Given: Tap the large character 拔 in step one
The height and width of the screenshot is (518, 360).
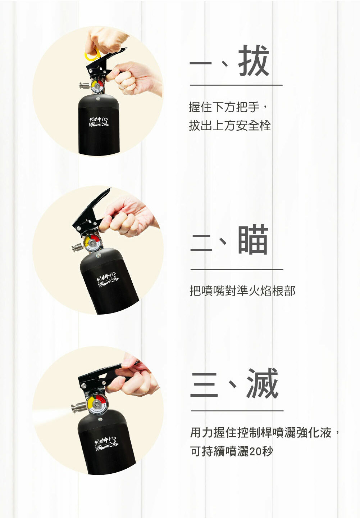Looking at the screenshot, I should pos(254,61).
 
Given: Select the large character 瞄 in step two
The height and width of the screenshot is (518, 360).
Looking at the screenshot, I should pos(253,240).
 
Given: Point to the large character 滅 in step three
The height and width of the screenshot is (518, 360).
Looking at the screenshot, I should pos(262,383).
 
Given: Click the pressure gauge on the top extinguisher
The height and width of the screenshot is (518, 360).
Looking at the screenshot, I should pos(97,86).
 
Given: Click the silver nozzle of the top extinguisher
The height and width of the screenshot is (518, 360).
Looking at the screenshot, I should pos(84,86).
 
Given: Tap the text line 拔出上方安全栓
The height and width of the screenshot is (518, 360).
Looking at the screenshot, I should pos(229,125).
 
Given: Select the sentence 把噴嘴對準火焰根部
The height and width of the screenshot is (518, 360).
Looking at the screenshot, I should pos(242,290).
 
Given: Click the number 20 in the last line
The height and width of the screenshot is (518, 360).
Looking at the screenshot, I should pos(255,451).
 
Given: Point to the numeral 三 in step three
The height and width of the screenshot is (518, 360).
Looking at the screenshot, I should pos(204,384).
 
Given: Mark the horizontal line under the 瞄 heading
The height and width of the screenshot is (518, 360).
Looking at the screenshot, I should pos(237,269).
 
